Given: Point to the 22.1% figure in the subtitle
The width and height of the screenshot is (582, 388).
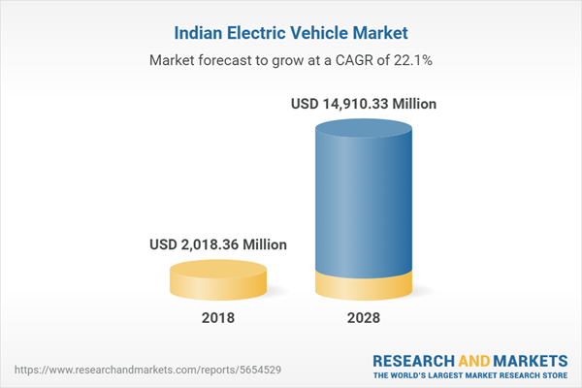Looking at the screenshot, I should (413, 60).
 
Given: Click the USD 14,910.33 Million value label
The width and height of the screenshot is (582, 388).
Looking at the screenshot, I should (365, 104).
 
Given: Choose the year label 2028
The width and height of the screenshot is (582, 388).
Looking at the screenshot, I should (365, 318).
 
